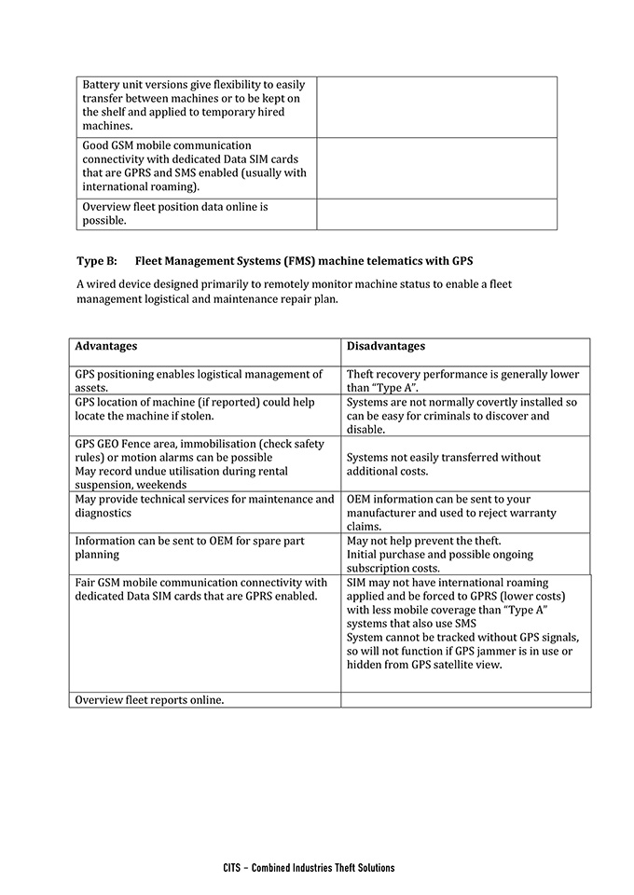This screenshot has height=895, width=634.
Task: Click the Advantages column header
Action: click(x=106, y=346)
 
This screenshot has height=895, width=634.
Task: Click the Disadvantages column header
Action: click(x=386, y=346)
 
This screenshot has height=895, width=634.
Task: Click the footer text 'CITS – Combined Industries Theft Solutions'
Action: click(x=309, y=867)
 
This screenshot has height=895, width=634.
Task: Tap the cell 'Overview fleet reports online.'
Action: click(x=149, y=699)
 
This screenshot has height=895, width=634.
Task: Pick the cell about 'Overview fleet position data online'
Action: click(x=175, y=213)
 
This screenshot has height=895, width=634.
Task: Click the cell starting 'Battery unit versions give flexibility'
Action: click(x=194, y=105)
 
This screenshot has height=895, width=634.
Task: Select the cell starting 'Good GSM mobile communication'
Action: click(x=194, y=166)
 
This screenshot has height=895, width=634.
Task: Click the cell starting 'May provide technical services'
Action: click(x=204, y=506)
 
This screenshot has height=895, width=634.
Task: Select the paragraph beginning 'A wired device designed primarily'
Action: click(x=294, y=291)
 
